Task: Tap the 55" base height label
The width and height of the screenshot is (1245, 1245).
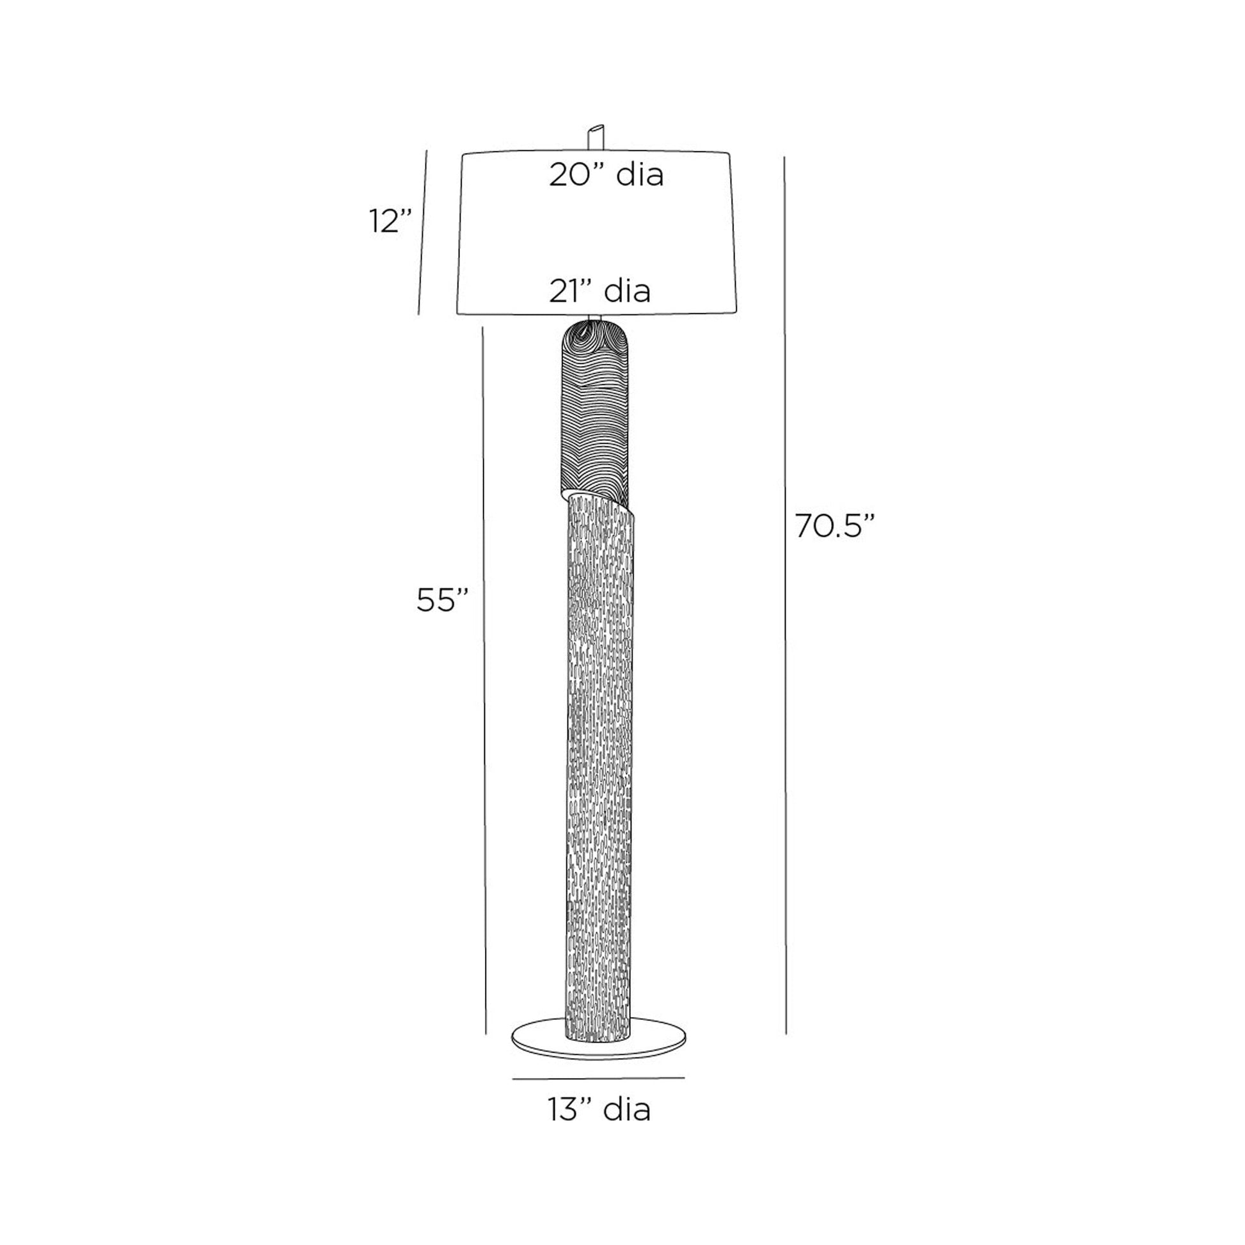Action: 442,601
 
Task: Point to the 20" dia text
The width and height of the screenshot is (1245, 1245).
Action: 607,175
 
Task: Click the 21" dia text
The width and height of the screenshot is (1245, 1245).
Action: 600,290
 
